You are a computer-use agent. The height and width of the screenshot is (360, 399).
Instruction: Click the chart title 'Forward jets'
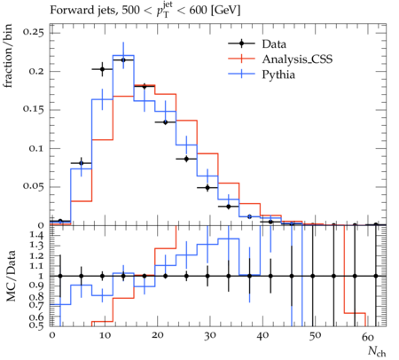(82, 11)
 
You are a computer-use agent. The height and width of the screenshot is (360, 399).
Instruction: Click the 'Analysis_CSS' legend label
(297, 59)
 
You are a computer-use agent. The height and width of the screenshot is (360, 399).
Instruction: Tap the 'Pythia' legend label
(278, 74)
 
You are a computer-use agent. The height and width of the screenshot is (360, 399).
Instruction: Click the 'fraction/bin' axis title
(8, 56)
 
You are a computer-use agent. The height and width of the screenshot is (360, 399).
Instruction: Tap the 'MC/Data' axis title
(12, 276)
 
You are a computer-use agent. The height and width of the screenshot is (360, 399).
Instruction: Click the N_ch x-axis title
(377, 351)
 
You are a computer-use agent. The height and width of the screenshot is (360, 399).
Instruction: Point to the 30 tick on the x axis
(210, 336)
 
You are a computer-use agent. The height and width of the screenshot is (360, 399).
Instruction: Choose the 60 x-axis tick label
(368, 337)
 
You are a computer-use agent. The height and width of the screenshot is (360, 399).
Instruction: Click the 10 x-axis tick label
(105, 336)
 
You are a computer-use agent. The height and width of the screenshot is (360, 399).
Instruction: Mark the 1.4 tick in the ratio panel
(37, 236)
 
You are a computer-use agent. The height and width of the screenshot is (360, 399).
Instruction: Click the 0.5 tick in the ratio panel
(37, 325)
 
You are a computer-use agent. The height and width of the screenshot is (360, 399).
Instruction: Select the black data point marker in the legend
(241, 44)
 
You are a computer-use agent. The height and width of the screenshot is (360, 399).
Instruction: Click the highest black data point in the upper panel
(123, 60)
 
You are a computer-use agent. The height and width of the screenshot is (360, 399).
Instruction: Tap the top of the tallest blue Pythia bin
(123, 55)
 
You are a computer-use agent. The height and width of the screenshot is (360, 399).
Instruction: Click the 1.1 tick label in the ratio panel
(37, 266)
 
